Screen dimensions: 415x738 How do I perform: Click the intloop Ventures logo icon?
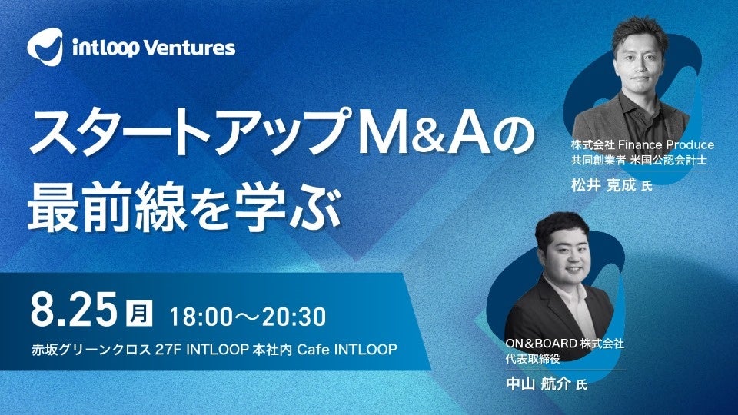[45, 48]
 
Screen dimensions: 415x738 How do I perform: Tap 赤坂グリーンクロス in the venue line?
[90, 350]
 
